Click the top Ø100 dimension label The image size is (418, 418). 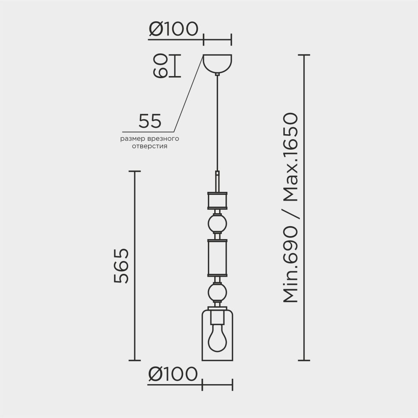173,30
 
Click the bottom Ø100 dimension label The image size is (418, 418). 173,374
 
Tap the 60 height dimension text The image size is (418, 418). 160,66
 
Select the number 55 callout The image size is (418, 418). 150,121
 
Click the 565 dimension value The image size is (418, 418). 121,266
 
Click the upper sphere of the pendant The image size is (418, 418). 217,224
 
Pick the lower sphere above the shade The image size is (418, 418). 217,292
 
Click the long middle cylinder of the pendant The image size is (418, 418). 217,258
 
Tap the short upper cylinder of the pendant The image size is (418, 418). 217,200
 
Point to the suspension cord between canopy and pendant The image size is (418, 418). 217,125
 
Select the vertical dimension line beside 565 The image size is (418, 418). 134,266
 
